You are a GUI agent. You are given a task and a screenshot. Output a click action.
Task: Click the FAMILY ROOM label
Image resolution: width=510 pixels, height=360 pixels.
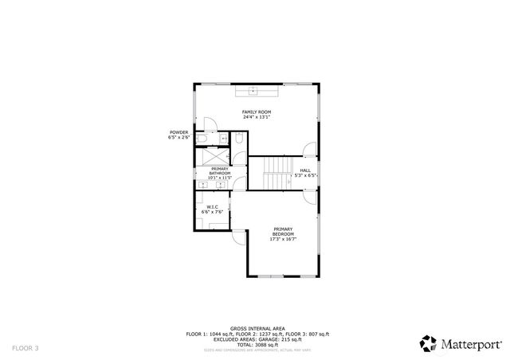pos(257,112)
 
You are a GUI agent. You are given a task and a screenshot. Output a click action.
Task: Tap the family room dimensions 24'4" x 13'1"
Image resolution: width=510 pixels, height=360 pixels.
pos(257,117)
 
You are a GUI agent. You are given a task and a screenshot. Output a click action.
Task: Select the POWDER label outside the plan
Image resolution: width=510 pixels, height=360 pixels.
pos(178,132)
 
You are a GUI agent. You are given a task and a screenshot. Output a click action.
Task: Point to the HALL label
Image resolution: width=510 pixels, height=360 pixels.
pos(304,170)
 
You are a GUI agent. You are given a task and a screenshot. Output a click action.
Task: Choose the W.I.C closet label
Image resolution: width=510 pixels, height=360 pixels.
pos(211,207)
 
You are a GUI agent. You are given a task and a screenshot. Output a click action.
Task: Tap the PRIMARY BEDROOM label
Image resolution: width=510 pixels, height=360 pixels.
pos(283,230)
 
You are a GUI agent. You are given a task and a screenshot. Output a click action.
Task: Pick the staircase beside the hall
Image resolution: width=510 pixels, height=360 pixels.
pos(277,173)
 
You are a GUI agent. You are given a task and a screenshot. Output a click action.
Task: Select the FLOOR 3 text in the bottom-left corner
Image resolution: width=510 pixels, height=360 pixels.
pos(25,348)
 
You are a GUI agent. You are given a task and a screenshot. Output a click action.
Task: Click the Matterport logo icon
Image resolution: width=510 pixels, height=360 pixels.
pos(428,343)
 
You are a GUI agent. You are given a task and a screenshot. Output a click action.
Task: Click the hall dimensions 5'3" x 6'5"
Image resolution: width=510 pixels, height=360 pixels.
pos(305,175)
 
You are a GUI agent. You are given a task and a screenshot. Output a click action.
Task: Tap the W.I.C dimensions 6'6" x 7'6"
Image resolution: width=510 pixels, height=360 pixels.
pos(211,213)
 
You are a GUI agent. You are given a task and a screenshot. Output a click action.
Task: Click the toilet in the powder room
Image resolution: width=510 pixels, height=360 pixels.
pos(204,140)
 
